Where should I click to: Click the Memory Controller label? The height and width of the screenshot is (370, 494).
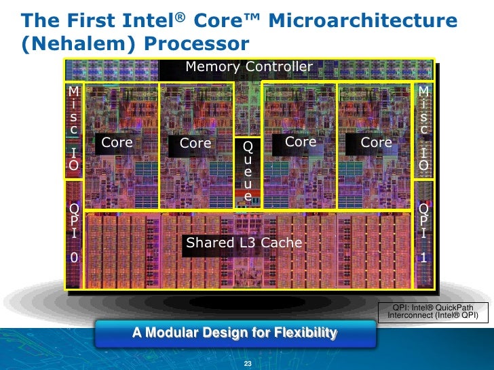249,66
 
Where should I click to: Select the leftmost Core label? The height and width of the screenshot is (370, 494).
117,142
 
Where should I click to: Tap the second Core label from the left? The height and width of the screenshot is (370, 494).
195,143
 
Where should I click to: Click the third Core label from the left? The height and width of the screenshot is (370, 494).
301,142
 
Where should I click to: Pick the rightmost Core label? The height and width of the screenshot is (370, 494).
376,142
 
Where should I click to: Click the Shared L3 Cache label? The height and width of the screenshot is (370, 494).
244,243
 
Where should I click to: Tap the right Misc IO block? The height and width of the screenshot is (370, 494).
423,129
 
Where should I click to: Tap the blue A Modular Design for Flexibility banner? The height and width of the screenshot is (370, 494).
235,333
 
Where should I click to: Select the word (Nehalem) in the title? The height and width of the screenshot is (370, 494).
61,45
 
